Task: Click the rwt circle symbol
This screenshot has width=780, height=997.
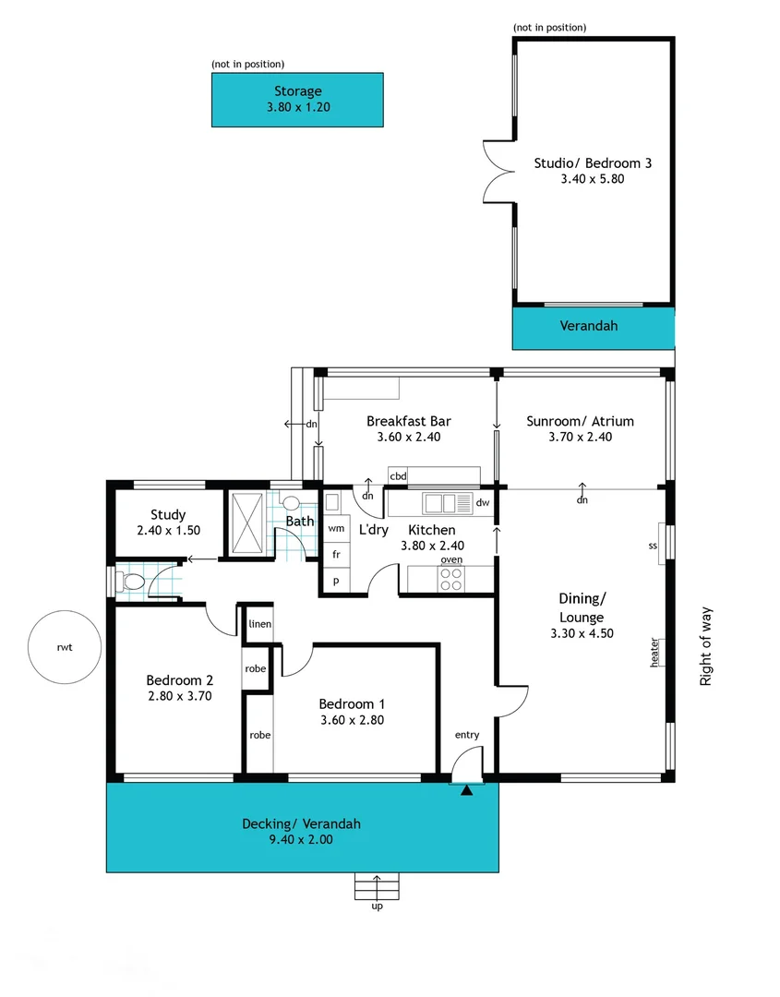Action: (63, 647)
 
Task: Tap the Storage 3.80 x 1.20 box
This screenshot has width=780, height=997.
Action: (297, 100)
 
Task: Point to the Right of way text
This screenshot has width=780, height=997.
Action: (706, 646)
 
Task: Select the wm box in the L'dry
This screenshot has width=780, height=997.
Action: (336, 528)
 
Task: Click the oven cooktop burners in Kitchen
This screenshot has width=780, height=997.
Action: (451, 579)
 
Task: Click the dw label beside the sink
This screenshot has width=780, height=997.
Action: (482, 503)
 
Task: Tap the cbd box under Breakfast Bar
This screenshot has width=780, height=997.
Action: (398, 476)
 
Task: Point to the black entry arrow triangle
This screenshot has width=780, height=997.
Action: (467, 789)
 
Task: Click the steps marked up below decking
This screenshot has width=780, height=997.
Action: (377, 888)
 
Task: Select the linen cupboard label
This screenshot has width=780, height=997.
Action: (259, 625)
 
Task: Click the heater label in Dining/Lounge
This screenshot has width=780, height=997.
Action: (654, 653)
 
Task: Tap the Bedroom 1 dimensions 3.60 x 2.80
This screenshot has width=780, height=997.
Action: (351, 720)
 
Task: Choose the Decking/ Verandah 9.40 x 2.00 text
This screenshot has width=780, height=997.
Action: (301, 832)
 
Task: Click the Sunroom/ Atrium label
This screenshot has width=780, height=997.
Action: (580, 429)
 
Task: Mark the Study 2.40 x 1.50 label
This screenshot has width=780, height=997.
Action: (168, 523)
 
